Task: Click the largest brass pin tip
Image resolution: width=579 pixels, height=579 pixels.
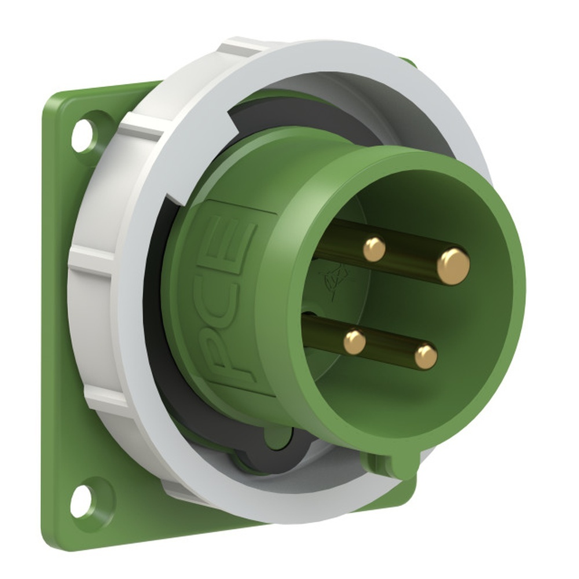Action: [453, 266]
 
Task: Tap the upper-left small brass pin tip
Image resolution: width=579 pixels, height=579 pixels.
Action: [374, 249]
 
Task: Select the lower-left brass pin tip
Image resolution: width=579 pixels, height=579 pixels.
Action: [354, 342]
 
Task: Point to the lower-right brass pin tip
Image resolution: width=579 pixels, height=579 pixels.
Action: [426, 356]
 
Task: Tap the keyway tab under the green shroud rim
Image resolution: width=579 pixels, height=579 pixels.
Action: [389, 463]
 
